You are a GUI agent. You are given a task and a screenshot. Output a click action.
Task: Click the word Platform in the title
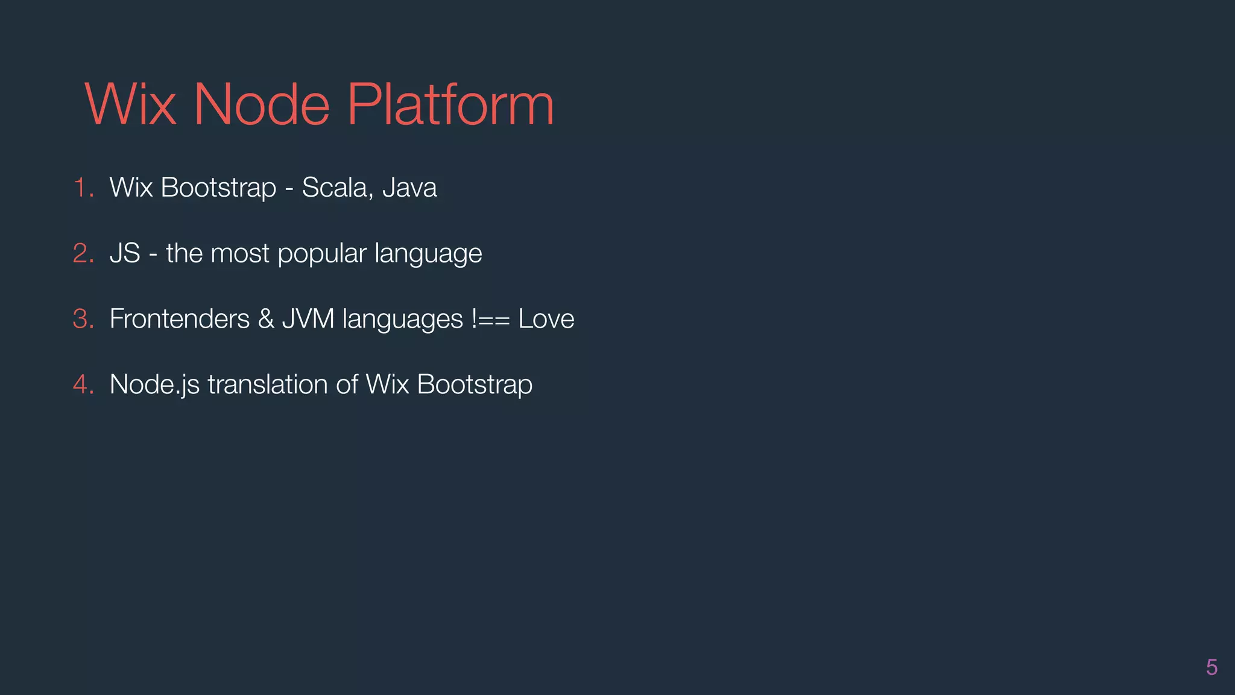[450, 105]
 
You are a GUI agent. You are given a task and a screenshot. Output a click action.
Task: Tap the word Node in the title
[261, 105]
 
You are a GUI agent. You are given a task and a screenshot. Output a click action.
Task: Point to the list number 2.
[83, 253]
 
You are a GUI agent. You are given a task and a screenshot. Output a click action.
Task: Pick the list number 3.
[83, 319]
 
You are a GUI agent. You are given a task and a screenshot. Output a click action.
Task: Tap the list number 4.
[83, 385]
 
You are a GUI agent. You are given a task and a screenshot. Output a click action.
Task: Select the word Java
[409, 188]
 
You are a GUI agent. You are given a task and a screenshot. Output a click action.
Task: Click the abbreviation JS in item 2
[125, 253]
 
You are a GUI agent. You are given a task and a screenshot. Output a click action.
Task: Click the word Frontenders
[180, 319]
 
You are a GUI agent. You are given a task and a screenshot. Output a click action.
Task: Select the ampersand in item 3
[266, 319]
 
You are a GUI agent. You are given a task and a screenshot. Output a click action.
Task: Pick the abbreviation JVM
[308, 319]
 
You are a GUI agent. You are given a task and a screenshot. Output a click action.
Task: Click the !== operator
[491, 319]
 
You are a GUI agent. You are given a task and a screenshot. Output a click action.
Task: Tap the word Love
[546, 319]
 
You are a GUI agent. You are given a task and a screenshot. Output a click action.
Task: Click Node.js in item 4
[154, 385]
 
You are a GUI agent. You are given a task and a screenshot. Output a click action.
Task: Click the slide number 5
[1211, 667]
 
